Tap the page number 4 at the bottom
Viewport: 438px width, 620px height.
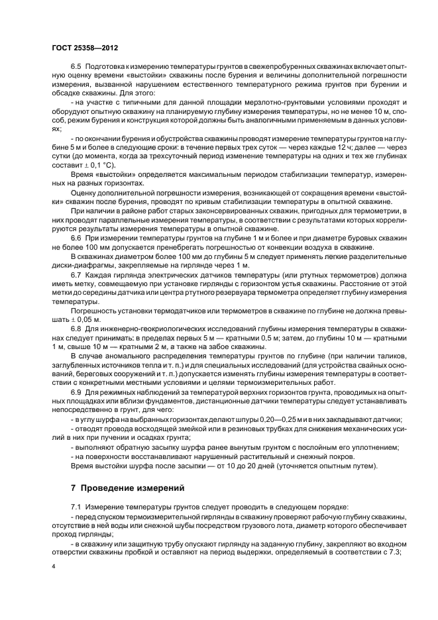tap(52, 566)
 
